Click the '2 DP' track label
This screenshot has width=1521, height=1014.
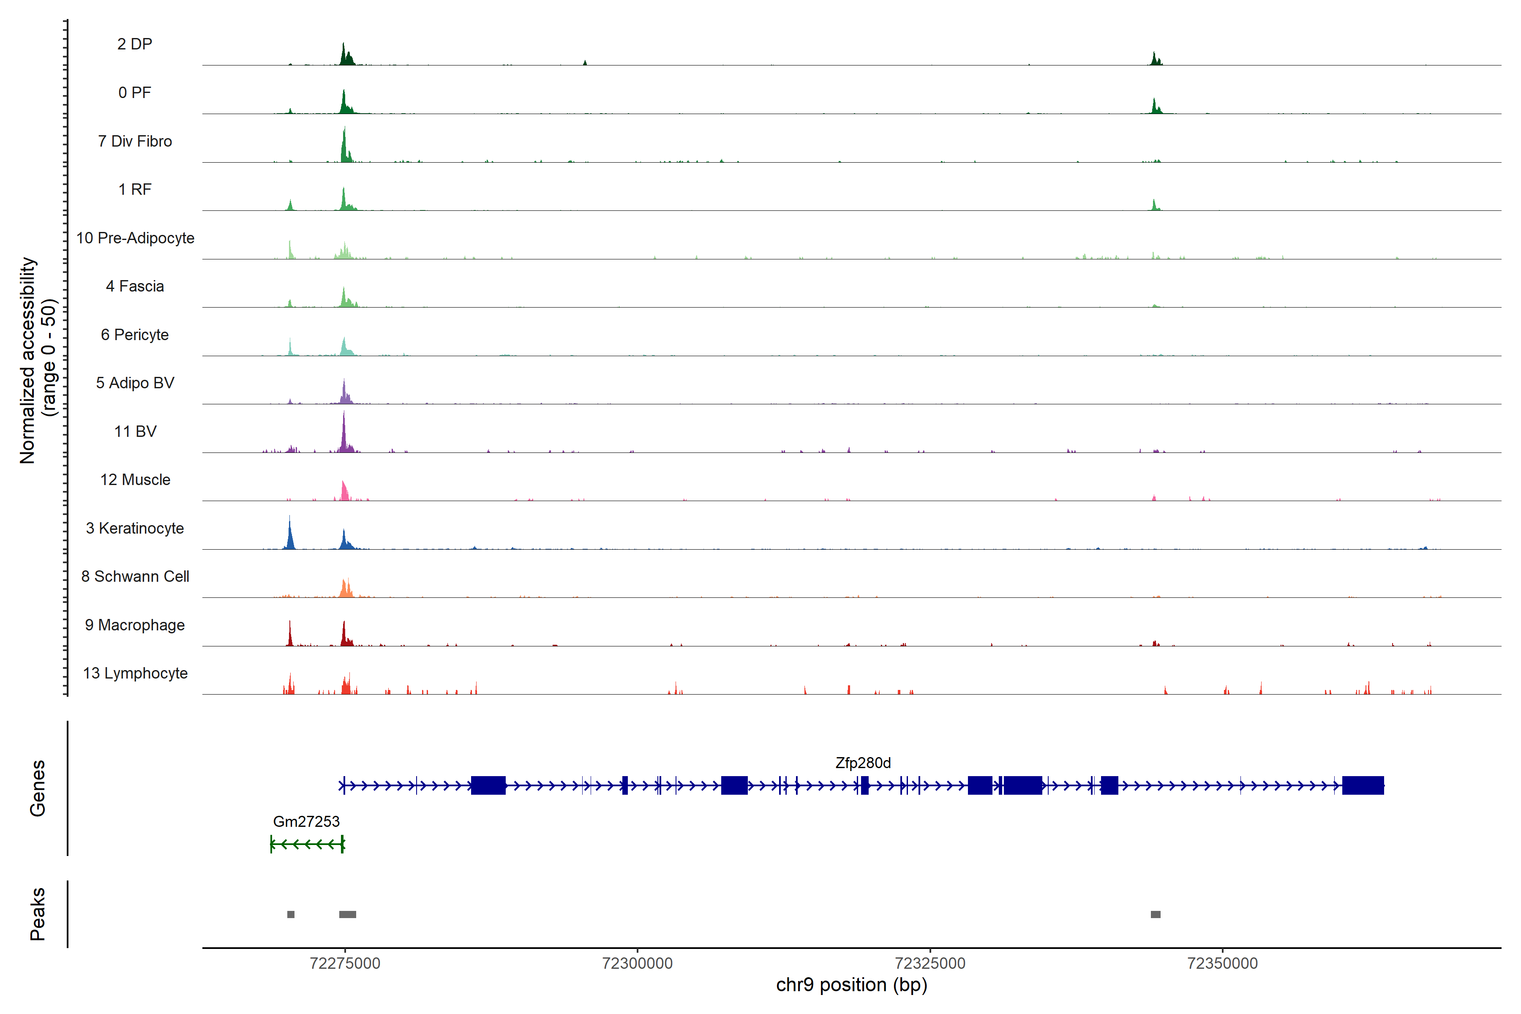(134, 44)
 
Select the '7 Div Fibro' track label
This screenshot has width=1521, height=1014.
(134, 141)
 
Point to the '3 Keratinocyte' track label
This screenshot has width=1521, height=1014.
(134, 529)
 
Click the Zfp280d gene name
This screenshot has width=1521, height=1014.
(863, 763)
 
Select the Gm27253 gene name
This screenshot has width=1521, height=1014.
(306, 821)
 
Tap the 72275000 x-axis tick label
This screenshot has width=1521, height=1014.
(345, 964)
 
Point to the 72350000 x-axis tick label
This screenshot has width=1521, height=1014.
(1222, 964)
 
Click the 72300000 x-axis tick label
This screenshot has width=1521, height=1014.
(637, 964)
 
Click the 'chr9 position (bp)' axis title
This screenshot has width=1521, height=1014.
(851, 985)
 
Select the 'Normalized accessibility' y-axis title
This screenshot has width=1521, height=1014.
(27, 360)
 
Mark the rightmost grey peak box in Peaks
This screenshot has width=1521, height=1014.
(1156, 914)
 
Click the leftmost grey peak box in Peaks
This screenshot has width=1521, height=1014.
(291, 914)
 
